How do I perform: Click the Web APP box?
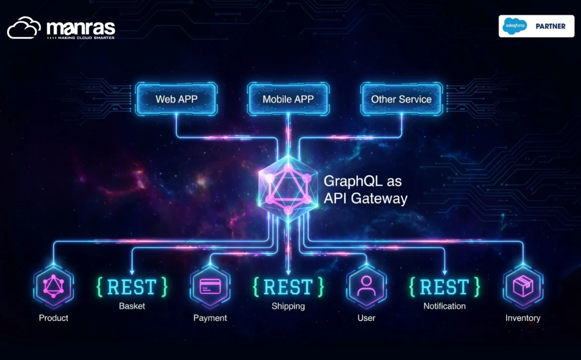coord(176,99)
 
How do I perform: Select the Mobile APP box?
coord(289,99)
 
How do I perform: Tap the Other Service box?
coord(402,99)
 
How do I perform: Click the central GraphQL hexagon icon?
coord(289,189)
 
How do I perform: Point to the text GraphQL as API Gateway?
coord(365,190)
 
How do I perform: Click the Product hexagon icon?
coord(53,287)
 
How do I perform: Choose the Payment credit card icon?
coord(210,287)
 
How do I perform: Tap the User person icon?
coord(366,287)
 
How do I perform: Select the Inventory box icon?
coord(523,287)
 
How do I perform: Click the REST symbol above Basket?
coord(132,287)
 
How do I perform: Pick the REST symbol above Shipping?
coord(289,287)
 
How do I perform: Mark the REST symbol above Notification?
coord(444,287)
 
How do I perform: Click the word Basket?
coord(132,306)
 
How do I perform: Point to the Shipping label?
coord(289,306)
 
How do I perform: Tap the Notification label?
coord(444,306)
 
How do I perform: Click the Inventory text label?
coord(523,318)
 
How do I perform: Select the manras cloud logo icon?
coord(24,28)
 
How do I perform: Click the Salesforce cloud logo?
coord(514,26)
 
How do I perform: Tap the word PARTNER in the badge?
coord(551,26)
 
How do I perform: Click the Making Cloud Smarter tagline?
coord(81,38)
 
